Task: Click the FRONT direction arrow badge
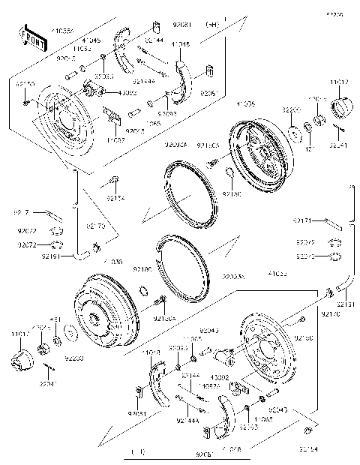(28, 35)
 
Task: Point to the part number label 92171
(302, 220)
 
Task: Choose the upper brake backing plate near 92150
(63, 118)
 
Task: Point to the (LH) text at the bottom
(138, 453)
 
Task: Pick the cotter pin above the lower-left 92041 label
(46, 365)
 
